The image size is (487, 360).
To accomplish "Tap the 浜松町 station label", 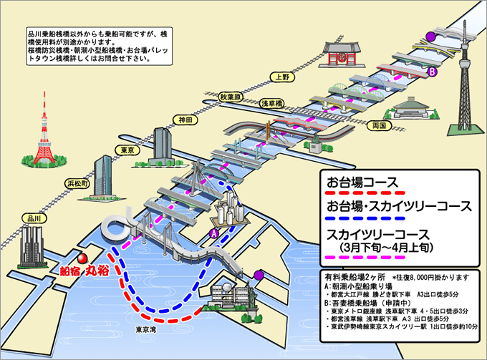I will pyautogui.click(x=76, y=184).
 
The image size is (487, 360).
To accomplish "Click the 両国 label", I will pyautogui.click(x=379, y=125).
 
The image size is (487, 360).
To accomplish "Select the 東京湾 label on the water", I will pyautogui.click(x=146, y=330).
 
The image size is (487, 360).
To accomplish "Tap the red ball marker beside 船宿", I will pyautogui.click(x=82, y=258).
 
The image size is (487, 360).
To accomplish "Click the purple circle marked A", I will pyautogui.click(x=213, y=232).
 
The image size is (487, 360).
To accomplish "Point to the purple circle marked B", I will pyautogui.click(x=432, y=72).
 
